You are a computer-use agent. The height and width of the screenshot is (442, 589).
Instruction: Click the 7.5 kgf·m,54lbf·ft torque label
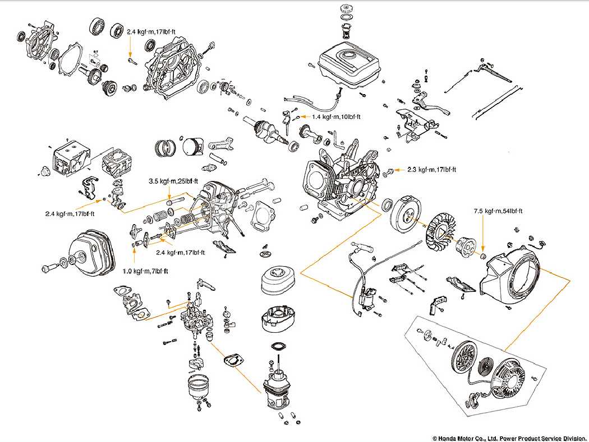[498, 211]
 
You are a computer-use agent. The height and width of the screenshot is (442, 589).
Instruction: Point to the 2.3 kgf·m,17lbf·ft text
[431, 169]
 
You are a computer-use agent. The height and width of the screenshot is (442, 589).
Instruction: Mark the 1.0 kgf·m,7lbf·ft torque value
[145, 271]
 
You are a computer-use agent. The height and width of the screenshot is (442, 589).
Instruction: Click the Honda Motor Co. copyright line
[509, 438]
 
